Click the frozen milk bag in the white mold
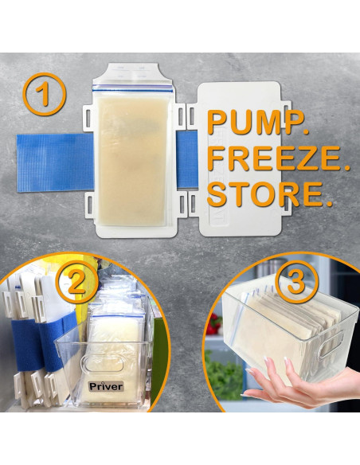click(133, 159)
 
